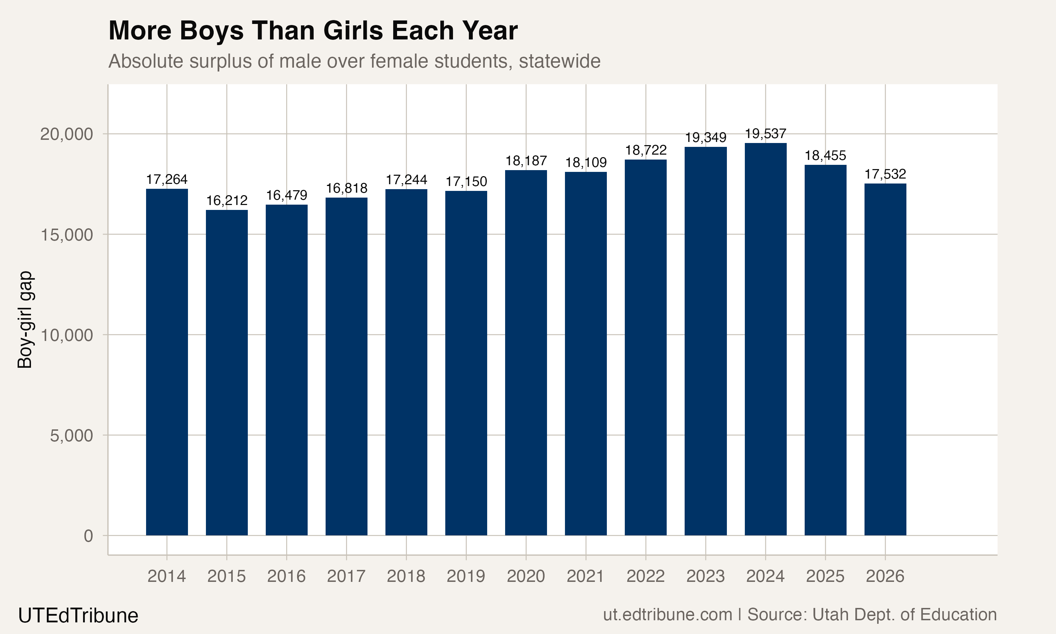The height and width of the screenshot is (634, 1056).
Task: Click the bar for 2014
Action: (167, 362)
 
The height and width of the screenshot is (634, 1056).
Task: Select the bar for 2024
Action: (765, 339)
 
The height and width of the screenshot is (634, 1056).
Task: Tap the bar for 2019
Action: (466, 363)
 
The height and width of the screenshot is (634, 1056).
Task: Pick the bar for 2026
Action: (885, 359)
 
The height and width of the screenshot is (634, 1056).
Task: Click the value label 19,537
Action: (765, 134)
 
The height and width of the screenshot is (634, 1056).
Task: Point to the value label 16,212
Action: (227, 200)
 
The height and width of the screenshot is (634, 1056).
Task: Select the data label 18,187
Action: (526, 161)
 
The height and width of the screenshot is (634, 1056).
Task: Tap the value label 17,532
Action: (885, 174)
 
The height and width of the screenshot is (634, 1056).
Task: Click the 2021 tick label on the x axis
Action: (586, 576)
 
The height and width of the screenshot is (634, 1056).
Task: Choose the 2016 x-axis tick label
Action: (287, 576)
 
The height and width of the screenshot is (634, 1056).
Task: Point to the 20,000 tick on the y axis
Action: (66, 134)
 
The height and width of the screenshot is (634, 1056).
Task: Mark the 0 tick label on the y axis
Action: (88, 536)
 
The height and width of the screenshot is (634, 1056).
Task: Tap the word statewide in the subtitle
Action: (560, 61)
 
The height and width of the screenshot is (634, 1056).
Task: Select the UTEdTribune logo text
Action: (78, 616)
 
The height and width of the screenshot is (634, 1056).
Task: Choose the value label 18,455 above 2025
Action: (825, 156)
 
